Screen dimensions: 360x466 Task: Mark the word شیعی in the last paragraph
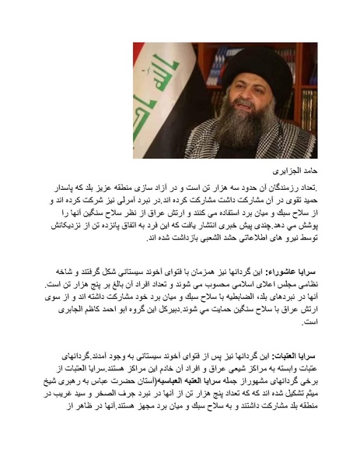[244, 377]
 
